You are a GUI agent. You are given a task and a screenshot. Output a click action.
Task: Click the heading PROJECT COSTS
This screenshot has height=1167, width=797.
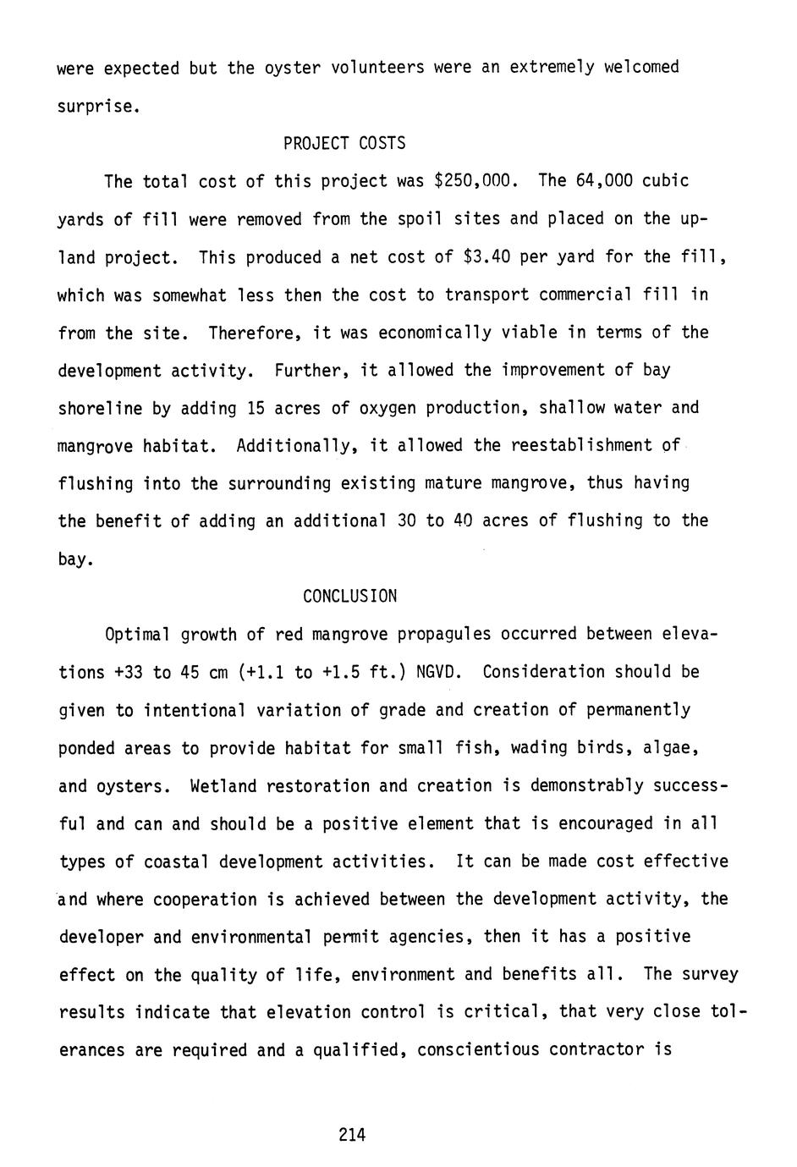pos(344,144)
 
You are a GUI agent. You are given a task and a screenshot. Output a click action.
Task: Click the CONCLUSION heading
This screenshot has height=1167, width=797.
pos(349,597)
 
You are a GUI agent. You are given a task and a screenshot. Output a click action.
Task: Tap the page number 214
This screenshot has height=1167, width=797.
pos(351,1136)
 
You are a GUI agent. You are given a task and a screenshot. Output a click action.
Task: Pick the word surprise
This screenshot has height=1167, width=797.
pos(95,107)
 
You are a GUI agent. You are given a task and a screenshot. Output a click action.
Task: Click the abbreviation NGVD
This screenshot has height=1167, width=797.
pos(437,673)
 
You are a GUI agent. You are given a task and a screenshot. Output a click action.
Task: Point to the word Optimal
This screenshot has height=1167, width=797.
pos(137,635)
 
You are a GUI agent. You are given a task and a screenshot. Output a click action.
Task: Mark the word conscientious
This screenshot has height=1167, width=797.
pos(478,1050)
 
